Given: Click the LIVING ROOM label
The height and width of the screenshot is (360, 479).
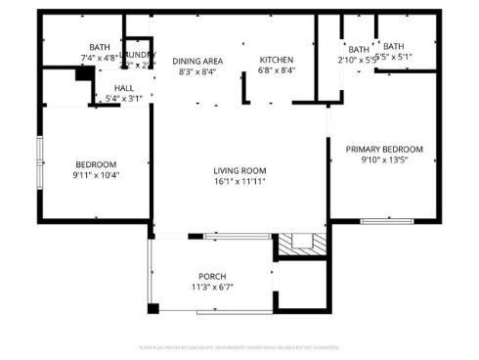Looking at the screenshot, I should [240, 170].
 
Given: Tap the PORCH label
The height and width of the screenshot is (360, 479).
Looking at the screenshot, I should [212, 276].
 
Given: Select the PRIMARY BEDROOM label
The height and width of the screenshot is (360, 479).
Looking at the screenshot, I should [382, 149].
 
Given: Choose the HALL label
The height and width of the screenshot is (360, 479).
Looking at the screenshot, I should [123, 87].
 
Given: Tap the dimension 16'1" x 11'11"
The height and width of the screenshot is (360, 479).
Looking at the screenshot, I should [240, 181].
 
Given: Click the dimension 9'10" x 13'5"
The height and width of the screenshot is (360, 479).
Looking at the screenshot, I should [382, 159].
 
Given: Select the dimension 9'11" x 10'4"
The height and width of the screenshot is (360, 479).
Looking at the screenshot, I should [96, 175].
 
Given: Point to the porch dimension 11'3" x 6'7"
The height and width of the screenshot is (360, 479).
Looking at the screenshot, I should [212, 287].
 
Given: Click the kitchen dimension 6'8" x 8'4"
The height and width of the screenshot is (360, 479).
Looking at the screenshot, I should [277, 70].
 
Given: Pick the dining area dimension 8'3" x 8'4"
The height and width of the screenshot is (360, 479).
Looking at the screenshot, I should [198, 70].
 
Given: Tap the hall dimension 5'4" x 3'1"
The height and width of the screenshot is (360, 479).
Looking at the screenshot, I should [123, 98].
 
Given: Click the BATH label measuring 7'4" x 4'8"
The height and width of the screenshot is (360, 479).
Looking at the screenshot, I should [100, 47].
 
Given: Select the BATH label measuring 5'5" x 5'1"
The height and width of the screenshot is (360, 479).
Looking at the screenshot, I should [394, 46].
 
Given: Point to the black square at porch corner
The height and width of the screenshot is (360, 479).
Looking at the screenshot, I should [153, 309].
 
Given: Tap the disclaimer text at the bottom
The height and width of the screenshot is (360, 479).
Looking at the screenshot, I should [240, 346].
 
